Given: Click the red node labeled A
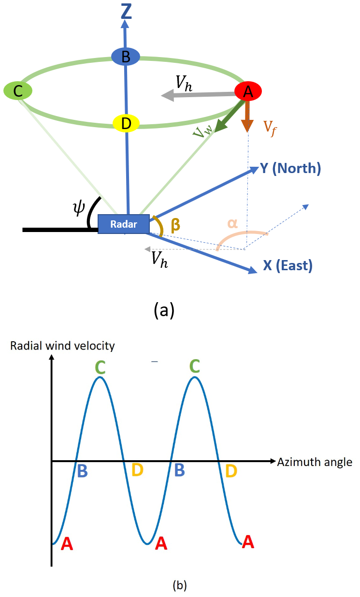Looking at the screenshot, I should tap(248, 90).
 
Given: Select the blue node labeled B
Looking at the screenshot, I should tap(126, 57).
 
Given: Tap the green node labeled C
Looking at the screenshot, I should tap(17, 91).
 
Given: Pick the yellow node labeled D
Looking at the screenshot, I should tap(126, 123).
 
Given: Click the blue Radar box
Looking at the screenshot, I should tap(124, 224).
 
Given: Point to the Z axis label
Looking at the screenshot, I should tap(126, 12).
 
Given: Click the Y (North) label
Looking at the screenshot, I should tap(290, 168).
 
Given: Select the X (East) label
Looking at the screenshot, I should tap(288, 265).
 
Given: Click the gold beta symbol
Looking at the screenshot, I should tap(176, 225).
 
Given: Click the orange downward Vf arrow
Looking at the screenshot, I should tap(247, 116).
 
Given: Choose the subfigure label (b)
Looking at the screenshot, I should tap(179, 585).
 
